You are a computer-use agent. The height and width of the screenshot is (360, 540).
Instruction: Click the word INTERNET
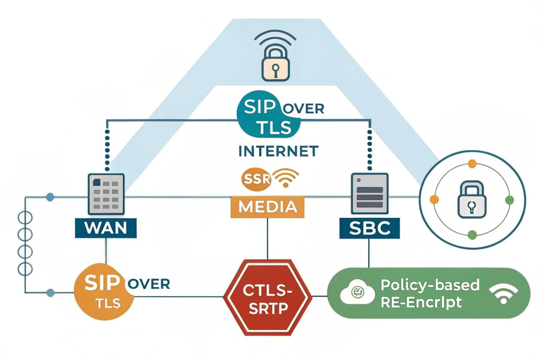tap(278, 151)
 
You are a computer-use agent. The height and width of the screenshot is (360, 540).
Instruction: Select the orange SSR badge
tap(256, 179)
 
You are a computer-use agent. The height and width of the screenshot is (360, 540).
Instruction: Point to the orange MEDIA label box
tap(267, 207)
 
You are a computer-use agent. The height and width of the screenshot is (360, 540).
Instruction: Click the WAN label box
tap(106, 228)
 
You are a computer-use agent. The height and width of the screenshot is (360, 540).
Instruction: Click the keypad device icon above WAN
tap(106, 194)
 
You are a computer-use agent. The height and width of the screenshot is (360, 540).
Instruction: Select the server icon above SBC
tap(370, 193)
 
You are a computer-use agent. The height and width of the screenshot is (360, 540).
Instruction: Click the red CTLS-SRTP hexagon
tap(268, 298)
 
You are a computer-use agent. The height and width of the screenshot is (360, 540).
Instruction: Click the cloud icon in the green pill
tap(357, 292)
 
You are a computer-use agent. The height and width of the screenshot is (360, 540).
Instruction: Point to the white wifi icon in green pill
tap(503, 293)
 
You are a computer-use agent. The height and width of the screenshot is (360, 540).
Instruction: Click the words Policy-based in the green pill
tap(430, 285)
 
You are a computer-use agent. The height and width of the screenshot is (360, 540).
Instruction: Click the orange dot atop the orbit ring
tap(472, 164)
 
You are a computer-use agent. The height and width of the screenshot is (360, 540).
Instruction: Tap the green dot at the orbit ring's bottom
tap(472, 235)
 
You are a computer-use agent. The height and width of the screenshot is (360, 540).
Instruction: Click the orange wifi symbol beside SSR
tap(285, 178)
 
